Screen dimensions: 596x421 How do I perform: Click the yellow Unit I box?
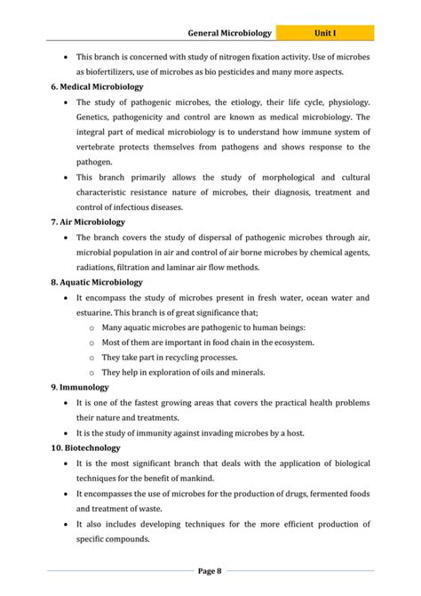pyautogui.click(x=324, y=34)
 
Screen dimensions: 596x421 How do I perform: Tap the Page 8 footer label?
pyautogui.click(x=210, y=570)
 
